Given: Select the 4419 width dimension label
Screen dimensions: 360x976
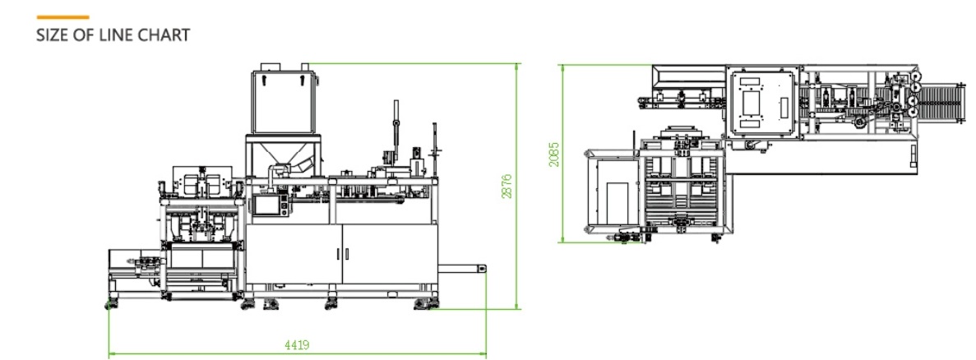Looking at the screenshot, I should coord(297,346).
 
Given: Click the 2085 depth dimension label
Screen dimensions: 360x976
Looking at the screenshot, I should coord(555,154).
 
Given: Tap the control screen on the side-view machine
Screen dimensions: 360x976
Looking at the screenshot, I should coord(268,205).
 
